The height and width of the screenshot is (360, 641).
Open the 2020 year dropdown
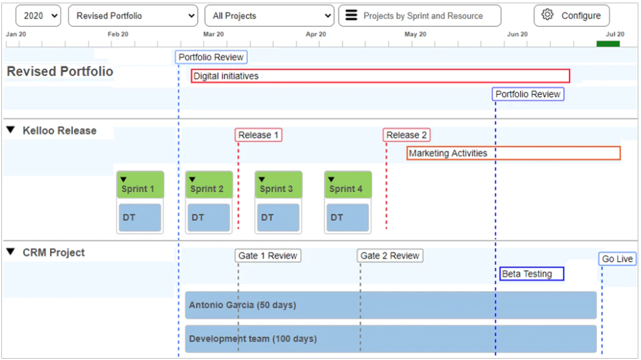pyautogui.click(x=38, y=16)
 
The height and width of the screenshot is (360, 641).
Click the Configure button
pyautogui.click(x=571, y=16)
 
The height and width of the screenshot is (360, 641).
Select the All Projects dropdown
pyautogui.click(x=269, y=16)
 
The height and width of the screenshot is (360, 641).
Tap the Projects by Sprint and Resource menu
pyautogui.click(x=419, y=16)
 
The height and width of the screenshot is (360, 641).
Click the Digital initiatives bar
pyautogui.click(x=380, y=76)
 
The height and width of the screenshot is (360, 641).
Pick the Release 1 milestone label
pyautogui.click(x=258, y=135)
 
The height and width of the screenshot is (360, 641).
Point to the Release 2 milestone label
pyautogui.click(x=407, y=135)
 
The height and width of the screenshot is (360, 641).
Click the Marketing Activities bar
pyautogui.click(x=513, y=153)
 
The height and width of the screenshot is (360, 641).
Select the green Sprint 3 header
pyautogui.click(x=278, y=185)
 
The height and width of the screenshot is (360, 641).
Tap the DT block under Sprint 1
pyautogui.click(x=140, y=218)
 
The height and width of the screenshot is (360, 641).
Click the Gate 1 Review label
pyautogui.click(x=268, y=256)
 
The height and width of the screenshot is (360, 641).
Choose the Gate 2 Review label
pyautogui.click(x=390, y=256)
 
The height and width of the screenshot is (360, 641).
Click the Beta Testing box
pyautogui.click(x=532, y=274)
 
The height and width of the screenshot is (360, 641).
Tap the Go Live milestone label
pyautogui.click(x=617, y=259)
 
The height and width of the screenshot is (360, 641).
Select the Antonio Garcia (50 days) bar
pyautogui.click(x=391, y=305)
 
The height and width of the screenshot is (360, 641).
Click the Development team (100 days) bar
pyautogui.click(x=391, y=339)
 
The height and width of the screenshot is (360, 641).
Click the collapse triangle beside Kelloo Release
pyautogui.click(x=11, y=130)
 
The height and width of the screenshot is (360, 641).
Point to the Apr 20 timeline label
pyautogui.click(x=316, y=34)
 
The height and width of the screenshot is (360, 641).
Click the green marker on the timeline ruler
pyautogui.click(x=608, y=44)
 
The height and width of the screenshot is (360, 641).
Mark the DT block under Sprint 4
pyautogui.click(x=347, y=218)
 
